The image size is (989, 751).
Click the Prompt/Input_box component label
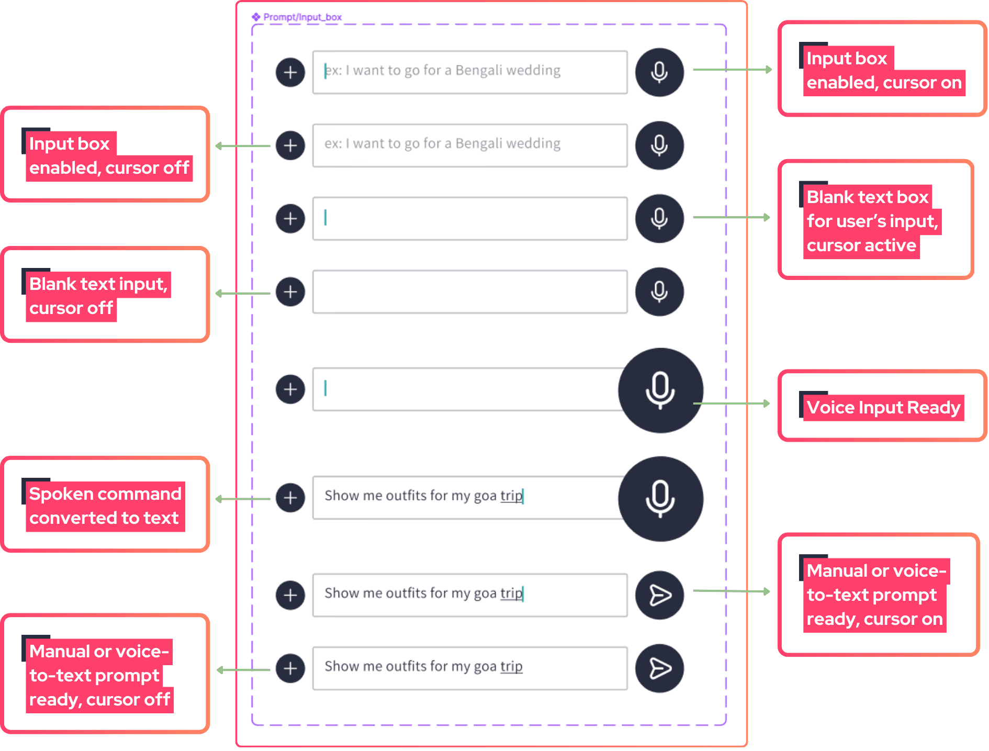pyautogui.click(x=297, y=17)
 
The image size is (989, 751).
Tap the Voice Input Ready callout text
pyautogui.click(x=883, y=407)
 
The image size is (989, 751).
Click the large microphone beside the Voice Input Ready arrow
pyautogui.click(x=660, y=390)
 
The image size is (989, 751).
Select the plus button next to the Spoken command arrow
pyautogui.click(x=290, y=498)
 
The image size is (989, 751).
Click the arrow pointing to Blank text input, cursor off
pyautogui.click(x=243, y=294)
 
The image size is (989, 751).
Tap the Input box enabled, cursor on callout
pyautogui.click(x=882, y=69)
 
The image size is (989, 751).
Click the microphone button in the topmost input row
pyautogui.click(x=659, y=72)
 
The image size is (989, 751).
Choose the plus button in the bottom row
pyautogui.click(x=290, y=668)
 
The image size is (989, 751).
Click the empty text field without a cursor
pyautogui.click(x=470, y=292)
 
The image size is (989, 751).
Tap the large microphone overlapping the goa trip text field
pyautogui.click(x=660, y=499)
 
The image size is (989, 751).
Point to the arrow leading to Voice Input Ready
pyautogui.click(x=732, y=403)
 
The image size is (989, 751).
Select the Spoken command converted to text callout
pyautogui.click(x=105, y=505)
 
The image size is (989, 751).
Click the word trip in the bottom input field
pyautogui.click(x=511, y=667)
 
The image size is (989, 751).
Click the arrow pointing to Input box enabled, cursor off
pyautogui.click(x=243, y=146)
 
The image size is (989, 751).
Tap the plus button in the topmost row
pyautogui.click(x=290, y=72)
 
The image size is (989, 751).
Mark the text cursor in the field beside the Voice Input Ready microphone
pyautogui.click(x=325, y=388)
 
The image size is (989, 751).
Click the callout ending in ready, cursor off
pyautogui.click(x=105, y=674)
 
